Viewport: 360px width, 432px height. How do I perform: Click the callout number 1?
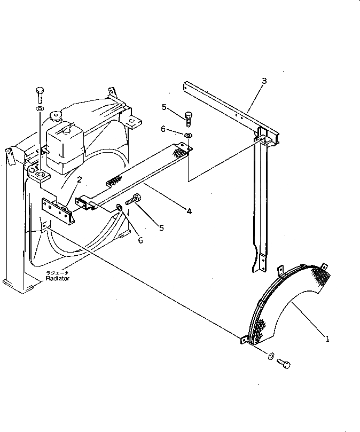click(x=327, y=337)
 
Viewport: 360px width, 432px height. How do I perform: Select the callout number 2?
click(x=79, y=180)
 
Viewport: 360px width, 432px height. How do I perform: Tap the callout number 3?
click(x=264, y=81)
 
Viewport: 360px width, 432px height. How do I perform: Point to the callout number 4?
click(x=189, y=211)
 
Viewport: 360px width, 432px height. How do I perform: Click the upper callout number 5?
click(x=165, y=107)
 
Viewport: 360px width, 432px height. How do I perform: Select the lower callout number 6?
click(x=140, y=240)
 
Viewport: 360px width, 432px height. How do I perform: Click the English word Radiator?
click(x=57, y=278)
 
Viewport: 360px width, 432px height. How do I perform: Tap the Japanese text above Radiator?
click(x=57, y=272)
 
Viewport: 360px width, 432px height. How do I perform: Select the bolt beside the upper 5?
click(x=187, y=117)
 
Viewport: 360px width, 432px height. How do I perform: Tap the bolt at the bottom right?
click(x=284, y=364)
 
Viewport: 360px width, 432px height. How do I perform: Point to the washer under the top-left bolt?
click(x=40, y=109)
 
